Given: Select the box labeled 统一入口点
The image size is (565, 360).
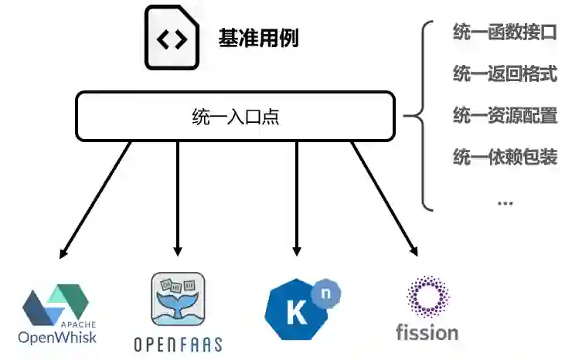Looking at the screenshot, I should (236, 117).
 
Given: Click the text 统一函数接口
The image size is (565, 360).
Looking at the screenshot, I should (504, 32).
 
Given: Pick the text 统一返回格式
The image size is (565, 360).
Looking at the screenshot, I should (504, 74).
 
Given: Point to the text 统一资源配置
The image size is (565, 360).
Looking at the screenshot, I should (504, 116).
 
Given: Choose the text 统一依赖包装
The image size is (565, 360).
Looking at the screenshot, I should (504, 158).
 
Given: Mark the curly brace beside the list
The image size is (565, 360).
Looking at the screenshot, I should (420, 116).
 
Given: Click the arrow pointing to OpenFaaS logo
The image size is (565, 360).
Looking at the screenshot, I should (178, 199).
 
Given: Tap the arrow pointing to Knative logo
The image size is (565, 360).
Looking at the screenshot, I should (296, 199).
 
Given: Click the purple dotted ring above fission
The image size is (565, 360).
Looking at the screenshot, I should (427, 297).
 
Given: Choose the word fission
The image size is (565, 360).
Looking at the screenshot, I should (427, 333).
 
